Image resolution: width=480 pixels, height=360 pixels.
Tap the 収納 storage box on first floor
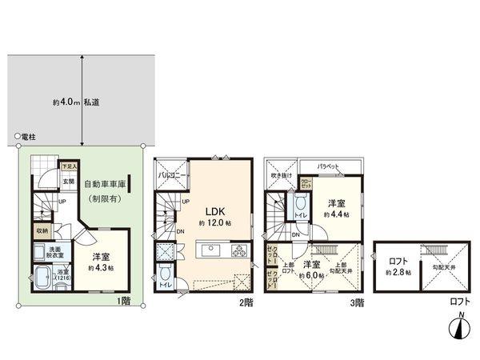coord(42,231)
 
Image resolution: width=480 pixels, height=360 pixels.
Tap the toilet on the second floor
coord(165,282)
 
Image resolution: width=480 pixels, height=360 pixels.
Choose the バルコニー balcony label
coord(172,174)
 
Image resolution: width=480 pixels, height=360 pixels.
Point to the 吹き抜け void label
coord(283,175)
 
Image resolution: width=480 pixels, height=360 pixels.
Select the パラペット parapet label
coord(329,166)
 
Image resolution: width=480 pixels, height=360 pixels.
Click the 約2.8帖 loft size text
coord(398,273)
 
